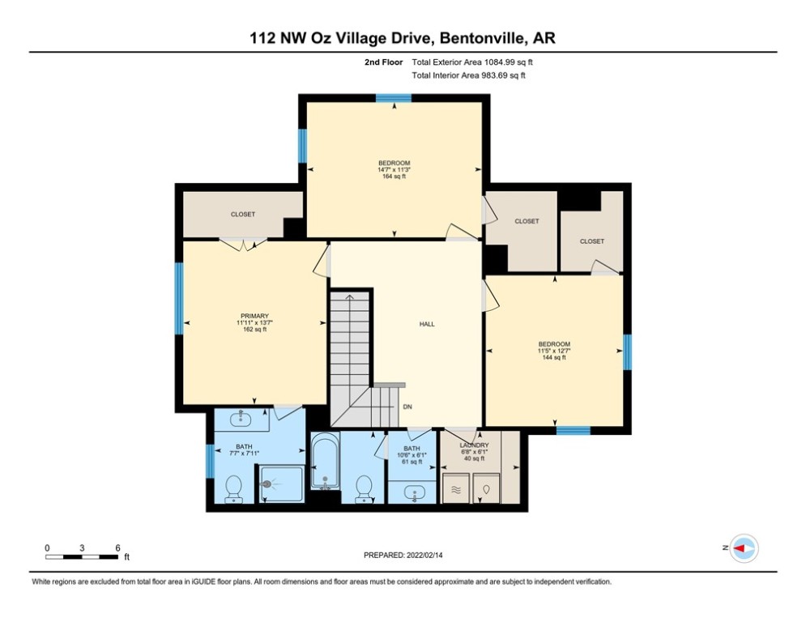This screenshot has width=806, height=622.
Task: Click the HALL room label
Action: pos(426,324)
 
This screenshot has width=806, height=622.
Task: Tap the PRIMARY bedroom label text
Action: pos(254,316)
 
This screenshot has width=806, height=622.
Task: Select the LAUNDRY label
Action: pos(474,445)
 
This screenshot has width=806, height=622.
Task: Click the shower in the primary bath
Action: pos(282,484)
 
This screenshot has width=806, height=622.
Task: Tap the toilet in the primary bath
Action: pos(232,488)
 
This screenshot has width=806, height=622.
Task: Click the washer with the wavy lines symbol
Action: pos(454,489)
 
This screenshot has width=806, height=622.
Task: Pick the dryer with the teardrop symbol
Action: pos(487,489)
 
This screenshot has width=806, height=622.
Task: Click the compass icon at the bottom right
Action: pos(743,548)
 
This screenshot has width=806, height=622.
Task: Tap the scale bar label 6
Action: pos(118,547)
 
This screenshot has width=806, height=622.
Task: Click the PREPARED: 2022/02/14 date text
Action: pos(403,555)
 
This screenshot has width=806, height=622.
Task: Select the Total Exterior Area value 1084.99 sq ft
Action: pos(508,62)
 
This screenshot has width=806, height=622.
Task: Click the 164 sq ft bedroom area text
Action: pos(394,176)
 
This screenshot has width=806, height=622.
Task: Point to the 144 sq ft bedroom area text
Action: pos(554,357)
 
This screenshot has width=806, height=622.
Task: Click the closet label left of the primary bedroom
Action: pos(242,215)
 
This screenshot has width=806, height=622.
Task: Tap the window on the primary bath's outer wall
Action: pos(210,462)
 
